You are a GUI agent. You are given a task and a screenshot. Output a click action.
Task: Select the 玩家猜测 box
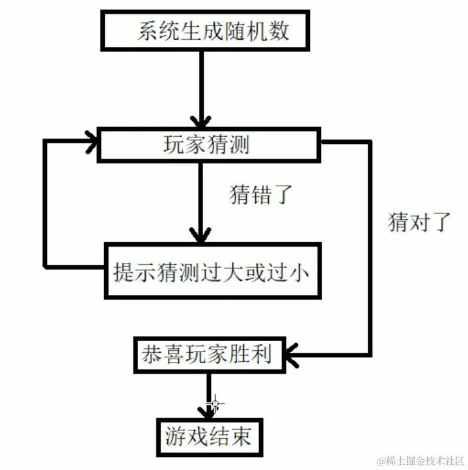click(x=208, y=145)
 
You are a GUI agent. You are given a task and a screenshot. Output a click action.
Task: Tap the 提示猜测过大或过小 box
click(x=214, y=271)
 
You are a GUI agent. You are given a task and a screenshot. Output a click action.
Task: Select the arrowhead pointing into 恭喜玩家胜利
click(x=290, y=355)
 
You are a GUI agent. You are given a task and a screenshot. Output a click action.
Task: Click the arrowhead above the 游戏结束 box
click(x=209, y=412)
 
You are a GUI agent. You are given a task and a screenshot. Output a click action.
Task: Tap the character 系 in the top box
click(x=147, y=31)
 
